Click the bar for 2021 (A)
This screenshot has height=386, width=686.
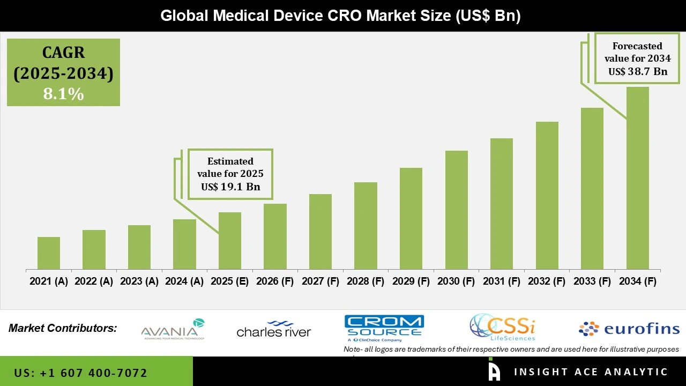[x=49, y=253]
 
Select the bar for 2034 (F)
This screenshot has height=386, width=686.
[x=637, y=177]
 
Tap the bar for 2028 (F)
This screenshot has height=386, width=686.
[x=366, y=225]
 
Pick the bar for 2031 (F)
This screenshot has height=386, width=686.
[x=501, y=203]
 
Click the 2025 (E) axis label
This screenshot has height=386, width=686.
[x=229, y=281]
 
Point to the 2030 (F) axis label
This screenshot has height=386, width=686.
[x=456, y=281]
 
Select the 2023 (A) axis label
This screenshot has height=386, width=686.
[x=139, y=281]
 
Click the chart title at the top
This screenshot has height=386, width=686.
[x=341, y=16]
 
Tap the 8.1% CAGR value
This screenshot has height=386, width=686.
[x=63, y=94]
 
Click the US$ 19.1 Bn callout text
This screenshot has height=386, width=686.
[x=230, y=187]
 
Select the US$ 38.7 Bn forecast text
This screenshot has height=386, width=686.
[x=638, y=71]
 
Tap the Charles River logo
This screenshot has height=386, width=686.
[x=274, y=329]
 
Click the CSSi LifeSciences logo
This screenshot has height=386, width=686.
[x=503, y=328]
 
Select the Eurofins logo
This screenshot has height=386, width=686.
[x=629, y=329]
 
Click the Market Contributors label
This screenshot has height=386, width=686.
[x=63, y=328]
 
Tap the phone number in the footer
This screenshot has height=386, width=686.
[x=81, y=373]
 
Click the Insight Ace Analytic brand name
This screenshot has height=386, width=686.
[x=591, y=372]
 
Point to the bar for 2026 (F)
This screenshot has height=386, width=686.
[x=275, y=236]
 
